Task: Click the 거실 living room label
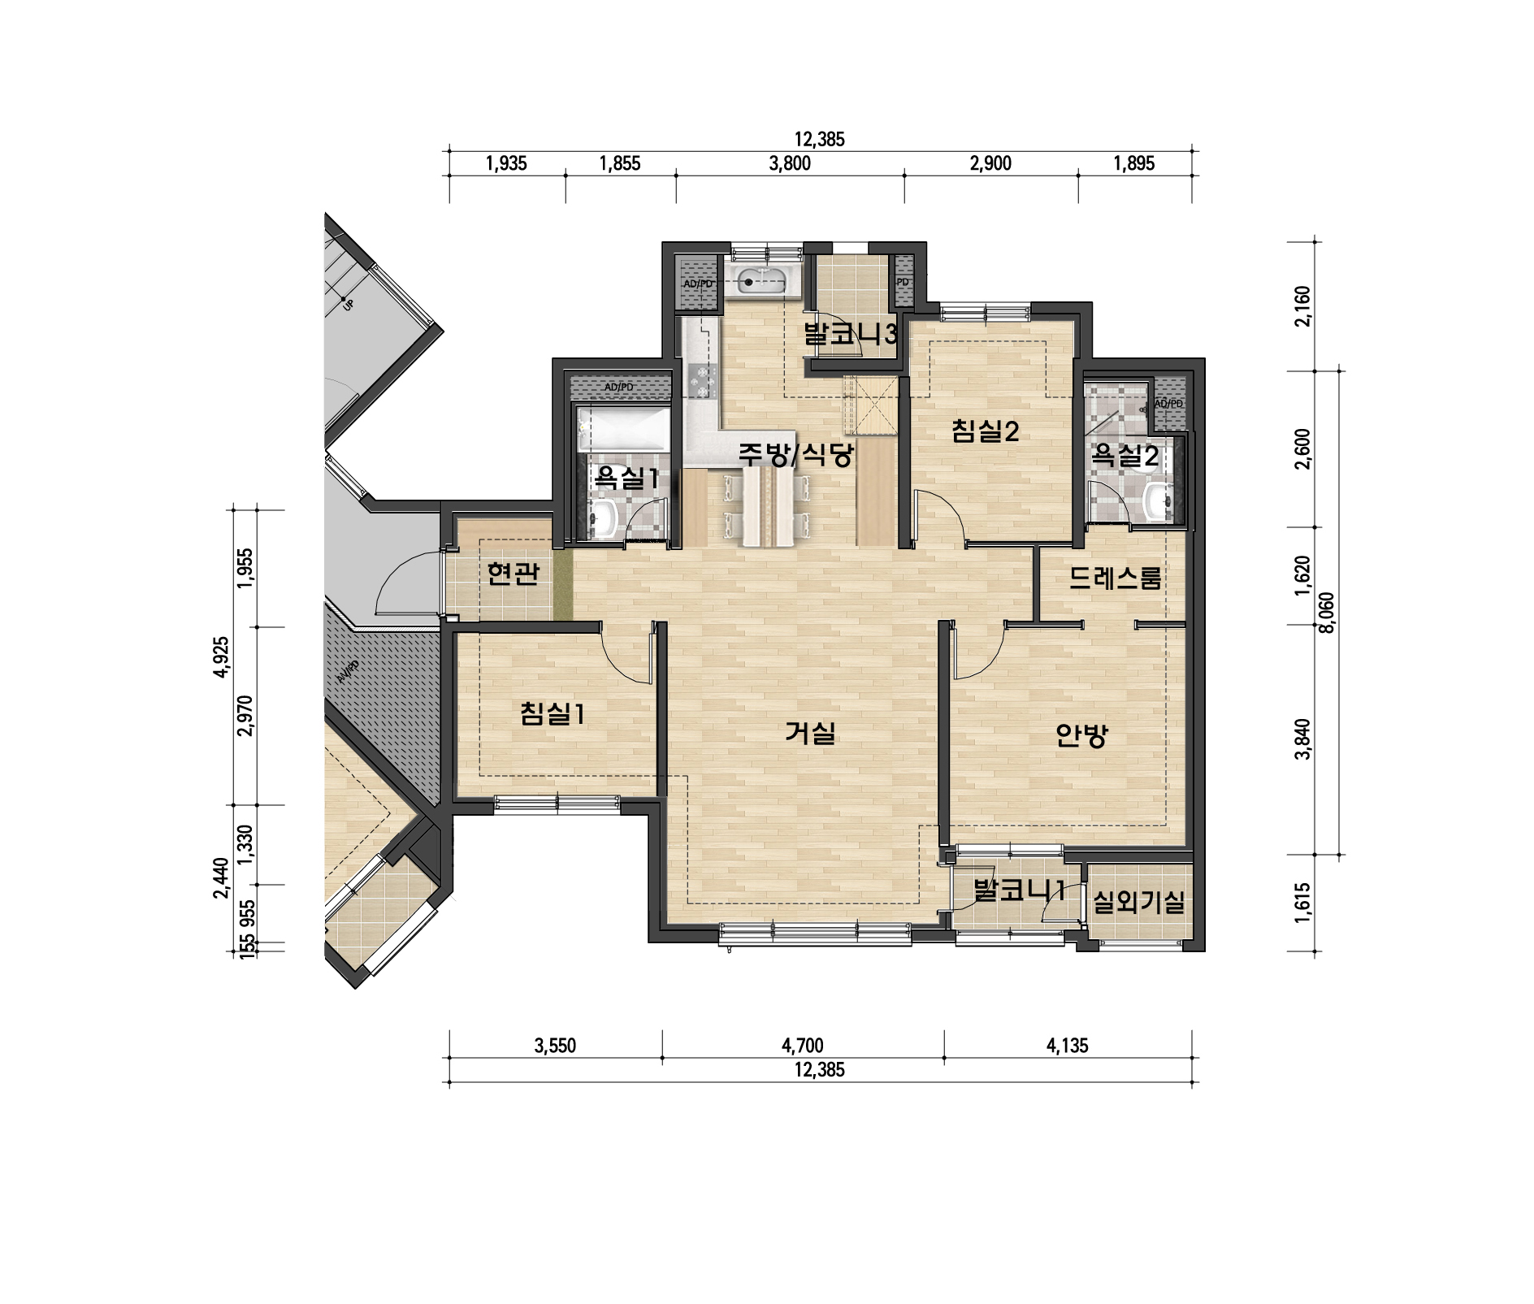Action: tap(810, 733)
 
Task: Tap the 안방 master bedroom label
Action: tap(1081, 735)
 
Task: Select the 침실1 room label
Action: tap(552, 714)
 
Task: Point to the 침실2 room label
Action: tap(985, 431)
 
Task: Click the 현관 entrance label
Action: tap(513, 573)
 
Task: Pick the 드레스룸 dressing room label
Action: tap(1115, 578)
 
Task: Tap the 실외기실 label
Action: tap(1139, 901)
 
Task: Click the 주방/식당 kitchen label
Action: tap(795, 453)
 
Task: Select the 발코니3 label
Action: tap(850, 334)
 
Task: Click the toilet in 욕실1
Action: tap(603, 519)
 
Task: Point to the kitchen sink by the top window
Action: tap(761, 282)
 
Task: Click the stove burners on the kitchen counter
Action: tap(702, 381)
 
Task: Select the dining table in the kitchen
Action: tap(767, 508)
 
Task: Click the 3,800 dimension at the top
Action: tap(790, 163)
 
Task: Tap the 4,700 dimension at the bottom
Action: tap(803, 1046)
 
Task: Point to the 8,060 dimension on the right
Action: tap(1326, 613)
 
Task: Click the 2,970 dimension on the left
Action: tap(245, 716)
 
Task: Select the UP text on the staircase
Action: tap(348, 305)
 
